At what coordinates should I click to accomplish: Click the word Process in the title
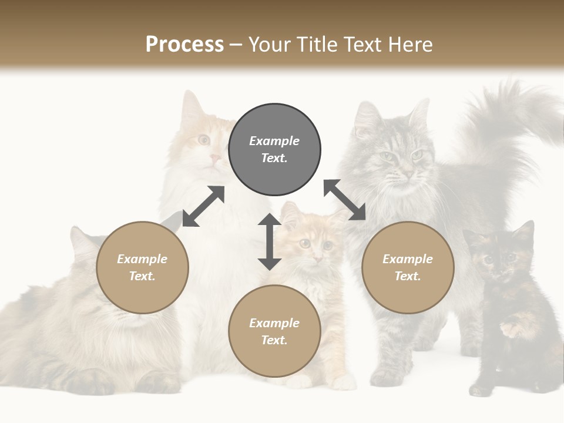(x=184, y=44)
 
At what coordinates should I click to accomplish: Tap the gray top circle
(x=274, y=149)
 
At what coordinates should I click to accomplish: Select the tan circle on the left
(x=142, y=267)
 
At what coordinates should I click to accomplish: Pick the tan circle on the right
(x=408, y=267)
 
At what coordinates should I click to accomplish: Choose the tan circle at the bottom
(x=274, y=331)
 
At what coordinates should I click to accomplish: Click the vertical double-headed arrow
(x=270, y=241)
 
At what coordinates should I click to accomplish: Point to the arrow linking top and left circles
(x=203, y=206)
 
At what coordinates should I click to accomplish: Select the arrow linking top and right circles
(x=345, y=200)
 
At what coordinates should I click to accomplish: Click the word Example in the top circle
(x=274, y=141)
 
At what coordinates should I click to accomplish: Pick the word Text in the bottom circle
(x=274, y=340)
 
